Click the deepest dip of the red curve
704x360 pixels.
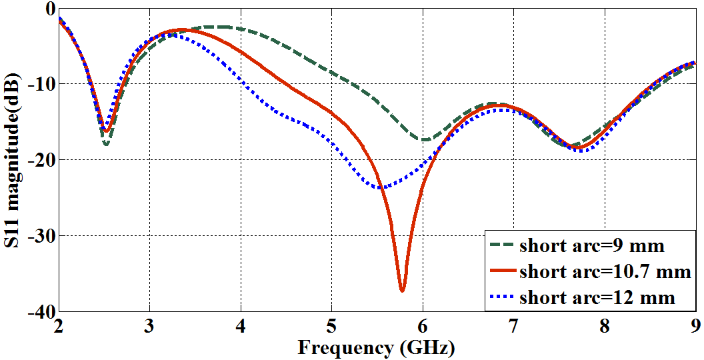[402, 290]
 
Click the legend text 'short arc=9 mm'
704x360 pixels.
[591, 246]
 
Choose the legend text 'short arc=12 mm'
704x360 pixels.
[597, 297]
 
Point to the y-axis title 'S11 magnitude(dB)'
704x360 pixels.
[13, 159]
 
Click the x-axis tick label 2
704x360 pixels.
[59, 327]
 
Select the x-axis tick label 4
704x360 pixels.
[241, 327]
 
